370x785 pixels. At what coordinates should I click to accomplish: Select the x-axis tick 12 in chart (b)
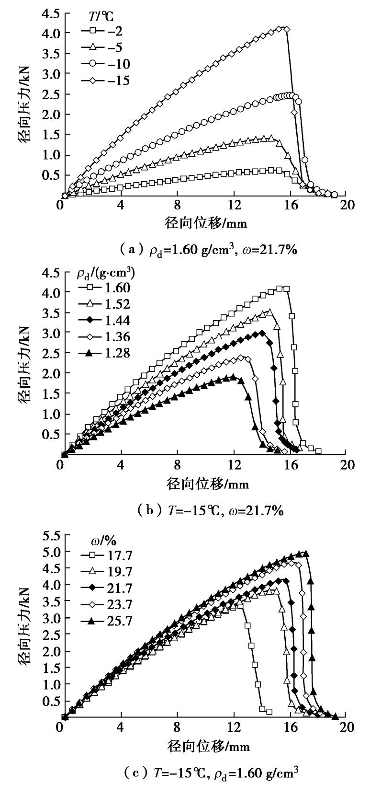click(x=234, y=465)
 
